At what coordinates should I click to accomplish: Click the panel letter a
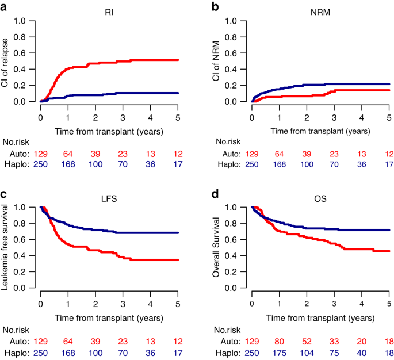tap(6, 6)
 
